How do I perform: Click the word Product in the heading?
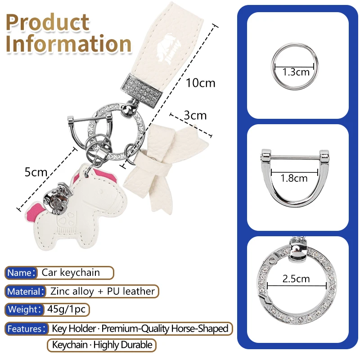point(48,22)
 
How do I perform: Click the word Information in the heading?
point(68,44)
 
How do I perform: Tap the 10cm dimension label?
point(200,83)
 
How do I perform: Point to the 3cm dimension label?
point(195,115)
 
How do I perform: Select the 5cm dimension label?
point(36,172)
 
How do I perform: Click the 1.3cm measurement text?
point(296,72)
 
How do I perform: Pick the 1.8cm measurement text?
point(294,178)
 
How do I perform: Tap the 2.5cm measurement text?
point(296,279)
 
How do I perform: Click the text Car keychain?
point(71,273)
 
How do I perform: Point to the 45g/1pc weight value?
point(66,309)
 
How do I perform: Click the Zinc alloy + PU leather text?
point(103,291)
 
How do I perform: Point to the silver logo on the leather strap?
point(168,49)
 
